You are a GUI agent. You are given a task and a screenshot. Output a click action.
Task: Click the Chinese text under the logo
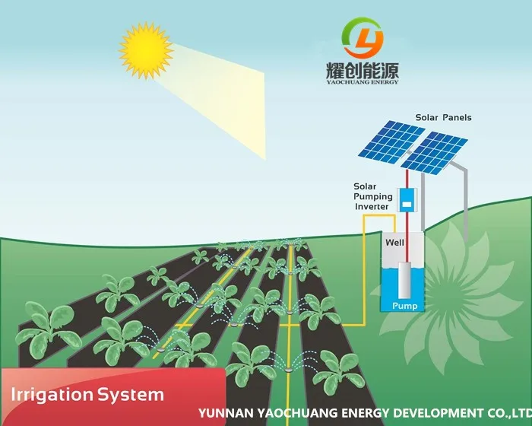(x=363, y=72)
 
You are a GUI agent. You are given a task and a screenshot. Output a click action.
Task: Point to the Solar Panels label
(x=443, y=118)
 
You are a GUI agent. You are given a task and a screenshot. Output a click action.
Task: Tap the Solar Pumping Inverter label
(x=372, y=197)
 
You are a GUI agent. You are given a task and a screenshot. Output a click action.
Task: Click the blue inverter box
(x=407, y=200)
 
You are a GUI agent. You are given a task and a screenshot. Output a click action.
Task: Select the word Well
(x=394, y=243)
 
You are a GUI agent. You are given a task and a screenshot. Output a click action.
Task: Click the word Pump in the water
(x=404, y=306)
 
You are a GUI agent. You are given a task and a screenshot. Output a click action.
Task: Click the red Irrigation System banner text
(x=87, y=395)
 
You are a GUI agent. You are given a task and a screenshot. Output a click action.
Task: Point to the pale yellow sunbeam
(x=228, y=91)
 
